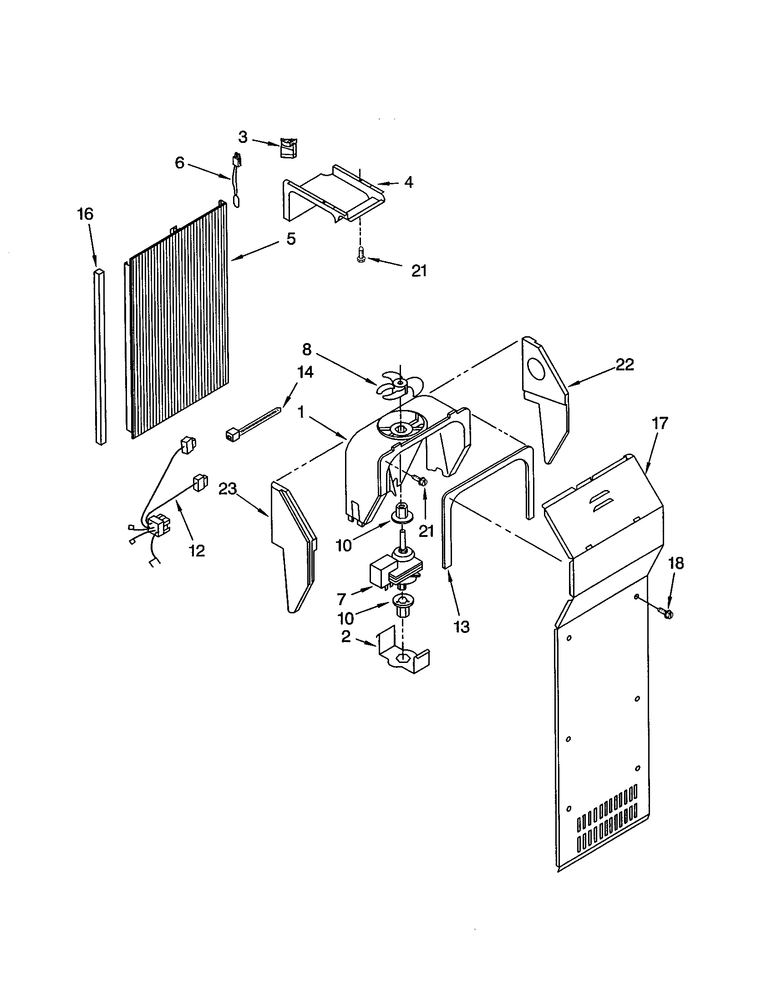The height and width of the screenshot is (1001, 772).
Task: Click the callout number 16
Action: pos(85,214)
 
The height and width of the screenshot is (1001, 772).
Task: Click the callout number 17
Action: pos(660,423)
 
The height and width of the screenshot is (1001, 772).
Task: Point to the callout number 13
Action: pos(462,627)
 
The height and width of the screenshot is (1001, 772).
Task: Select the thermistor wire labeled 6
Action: pos(238,180)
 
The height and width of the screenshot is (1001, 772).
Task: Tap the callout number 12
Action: pos(197,551)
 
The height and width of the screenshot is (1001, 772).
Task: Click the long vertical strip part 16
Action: pos(101,358)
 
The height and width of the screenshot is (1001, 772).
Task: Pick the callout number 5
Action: pos(291,239)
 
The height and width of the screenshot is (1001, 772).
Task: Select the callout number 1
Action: pos(301,413)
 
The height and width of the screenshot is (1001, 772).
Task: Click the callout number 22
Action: pos(625,364)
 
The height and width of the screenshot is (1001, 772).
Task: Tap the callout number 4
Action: pos(408,182)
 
